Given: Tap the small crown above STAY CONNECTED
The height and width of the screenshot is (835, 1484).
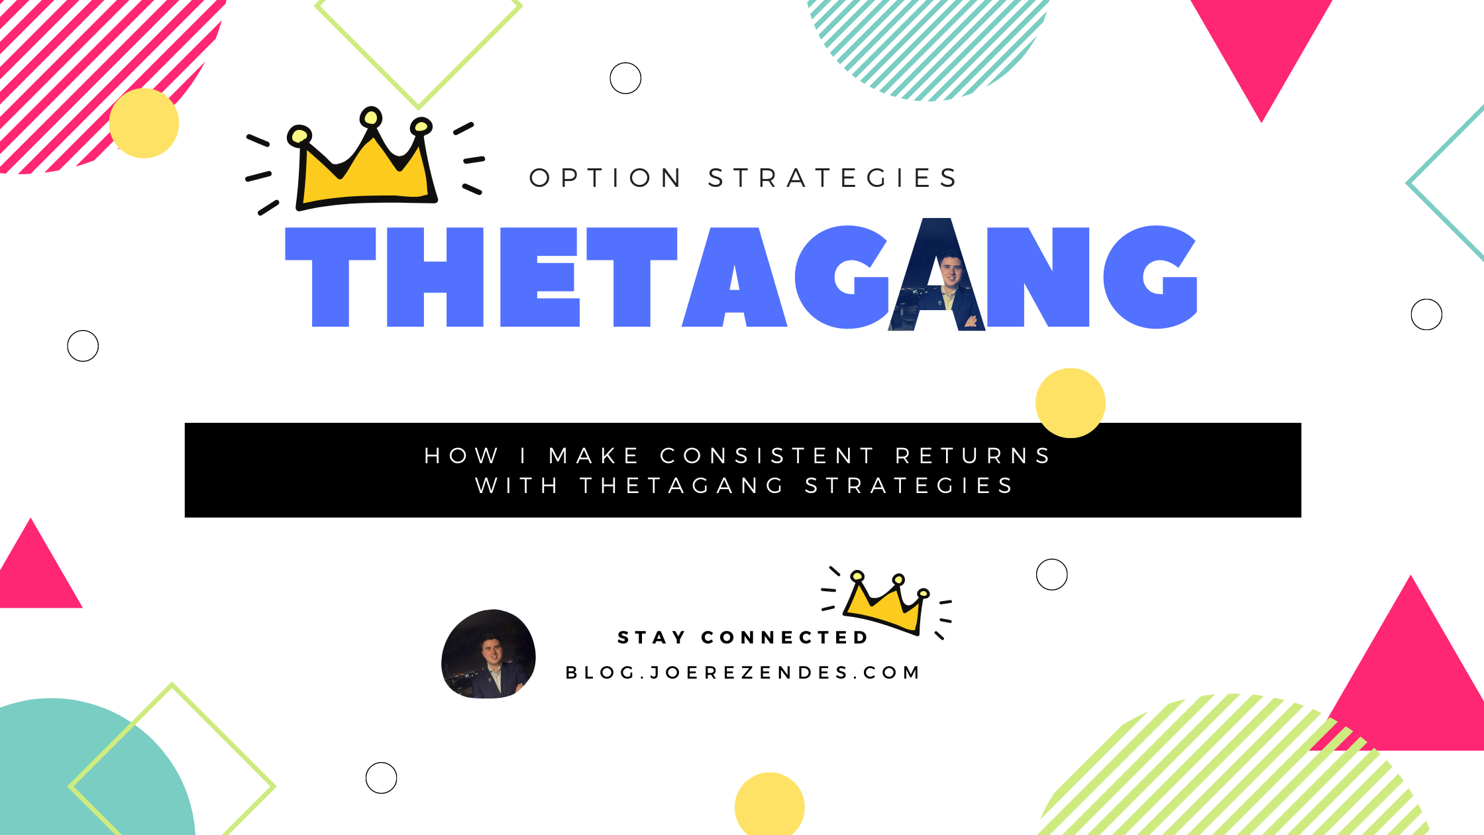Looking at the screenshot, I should [886, 603].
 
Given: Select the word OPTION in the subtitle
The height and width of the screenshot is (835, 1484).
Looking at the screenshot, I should [606, 178].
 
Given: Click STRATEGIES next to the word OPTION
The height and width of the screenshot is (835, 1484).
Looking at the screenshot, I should [833, 178].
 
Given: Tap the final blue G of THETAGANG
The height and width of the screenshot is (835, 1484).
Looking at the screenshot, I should [1149, 277].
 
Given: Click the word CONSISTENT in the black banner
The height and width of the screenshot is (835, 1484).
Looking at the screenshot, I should [767, 456].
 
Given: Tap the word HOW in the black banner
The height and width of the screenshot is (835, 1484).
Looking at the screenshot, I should [461, 456].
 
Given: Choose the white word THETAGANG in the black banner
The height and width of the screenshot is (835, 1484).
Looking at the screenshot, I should [682, 486].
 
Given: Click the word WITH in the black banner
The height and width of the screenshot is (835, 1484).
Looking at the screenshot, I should [517, 486].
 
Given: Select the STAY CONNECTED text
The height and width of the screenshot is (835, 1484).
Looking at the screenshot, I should [742, 638].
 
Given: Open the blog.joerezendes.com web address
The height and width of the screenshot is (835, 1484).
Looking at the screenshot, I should [742, 673].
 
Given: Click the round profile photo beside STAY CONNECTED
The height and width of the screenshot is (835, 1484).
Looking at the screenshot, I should [488, 654].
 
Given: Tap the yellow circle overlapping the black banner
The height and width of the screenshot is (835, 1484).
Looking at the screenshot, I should [1070, 403].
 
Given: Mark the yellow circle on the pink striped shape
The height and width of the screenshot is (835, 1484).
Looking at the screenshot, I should [144, 123].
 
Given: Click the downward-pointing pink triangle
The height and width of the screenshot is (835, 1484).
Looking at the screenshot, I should [1261, 46].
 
